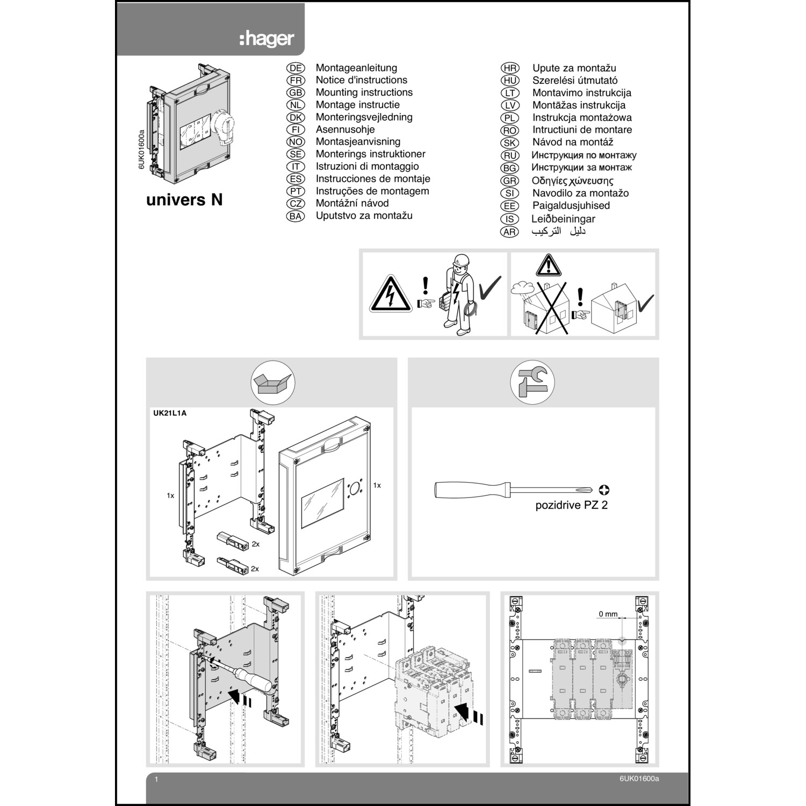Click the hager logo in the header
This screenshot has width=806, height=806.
click(267, 39)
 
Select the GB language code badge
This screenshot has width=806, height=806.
click(296, 92)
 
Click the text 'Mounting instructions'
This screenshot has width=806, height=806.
click(364, 92)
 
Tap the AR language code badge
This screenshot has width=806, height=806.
click(509, 232)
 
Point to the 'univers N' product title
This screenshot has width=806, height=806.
click(184, 200)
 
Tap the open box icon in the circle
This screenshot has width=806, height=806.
click(273, 383)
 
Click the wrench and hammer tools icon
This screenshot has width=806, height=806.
click(532, 383)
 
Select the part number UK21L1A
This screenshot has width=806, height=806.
click(170, 413)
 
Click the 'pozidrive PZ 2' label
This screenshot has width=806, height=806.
click(571, 505)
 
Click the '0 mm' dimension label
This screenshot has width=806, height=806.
click(608, 614)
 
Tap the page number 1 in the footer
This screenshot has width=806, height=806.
click(156, 779)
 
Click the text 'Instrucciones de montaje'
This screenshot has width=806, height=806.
click(372, 178)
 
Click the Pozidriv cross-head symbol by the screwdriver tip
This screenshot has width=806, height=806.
click(604, 490)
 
